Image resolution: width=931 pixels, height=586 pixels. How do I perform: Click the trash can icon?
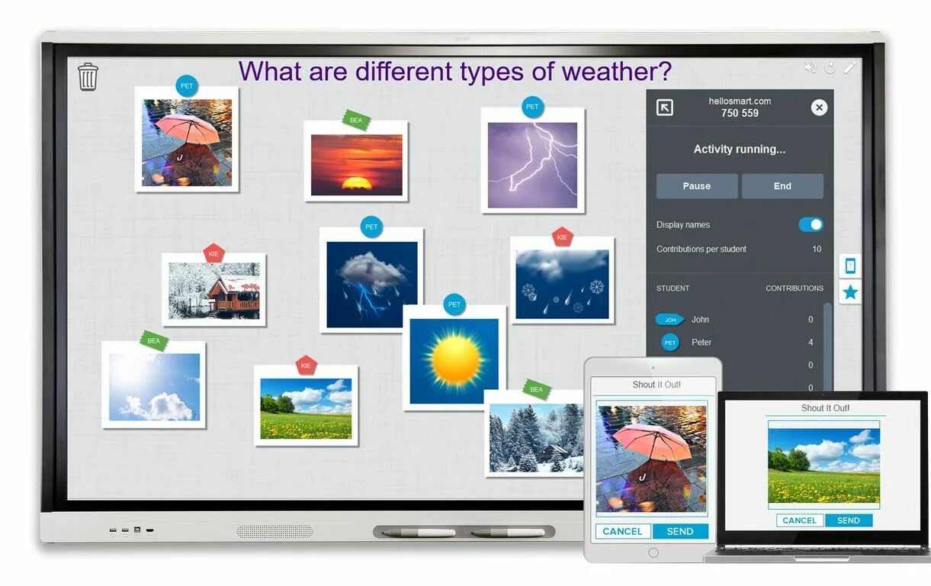[x=88, y=76]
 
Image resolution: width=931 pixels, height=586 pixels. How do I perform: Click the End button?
[x=782, y=186]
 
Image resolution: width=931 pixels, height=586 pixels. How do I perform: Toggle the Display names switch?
[x=811, y=224]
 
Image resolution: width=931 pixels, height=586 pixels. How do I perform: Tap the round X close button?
[x=819, y=108]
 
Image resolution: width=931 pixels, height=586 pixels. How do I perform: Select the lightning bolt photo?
[x=532, y=165]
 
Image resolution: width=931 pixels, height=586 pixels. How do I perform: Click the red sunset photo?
[x=356, y=164]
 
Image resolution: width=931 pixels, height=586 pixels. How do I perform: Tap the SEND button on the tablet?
[x=679, y=531]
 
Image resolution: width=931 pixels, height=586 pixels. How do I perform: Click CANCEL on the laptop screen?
[x=799, y=520]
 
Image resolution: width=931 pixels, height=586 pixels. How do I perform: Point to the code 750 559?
[x=740, y=113]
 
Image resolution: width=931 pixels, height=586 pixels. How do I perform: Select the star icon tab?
[x=850, y=292]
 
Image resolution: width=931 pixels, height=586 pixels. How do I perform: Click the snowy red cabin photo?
[x=213, y=291]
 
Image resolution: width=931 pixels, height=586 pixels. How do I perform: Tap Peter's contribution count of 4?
[x=811, y=343]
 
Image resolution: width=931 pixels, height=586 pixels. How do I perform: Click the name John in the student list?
[x=700, y=320]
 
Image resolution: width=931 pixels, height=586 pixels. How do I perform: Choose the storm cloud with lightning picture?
[x=371, y=284]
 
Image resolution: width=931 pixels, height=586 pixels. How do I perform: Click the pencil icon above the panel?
[x=849, y=68]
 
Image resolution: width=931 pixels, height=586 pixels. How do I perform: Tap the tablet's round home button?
[x=653, y=552]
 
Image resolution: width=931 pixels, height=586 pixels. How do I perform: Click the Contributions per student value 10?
[x=817, y=249]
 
